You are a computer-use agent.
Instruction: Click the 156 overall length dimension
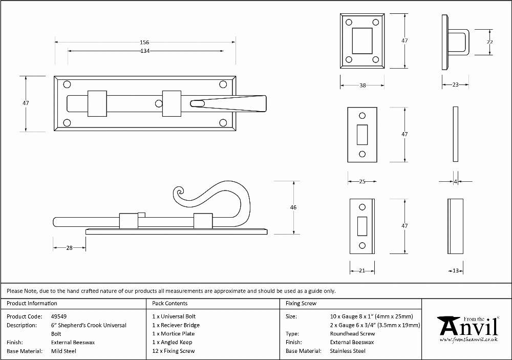(x=144, y=42)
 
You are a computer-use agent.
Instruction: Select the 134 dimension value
(x=145, y=51)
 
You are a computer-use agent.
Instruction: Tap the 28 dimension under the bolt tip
(x=69, y=248)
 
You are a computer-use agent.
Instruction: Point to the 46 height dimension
(x=293, y=207)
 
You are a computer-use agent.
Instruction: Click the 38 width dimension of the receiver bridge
(x=362, y=86)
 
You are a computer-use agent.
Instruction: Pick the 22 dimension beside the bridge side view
(x=489, y=42)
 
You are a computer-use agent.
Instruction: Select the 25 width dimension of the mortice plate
(x=362, y=182)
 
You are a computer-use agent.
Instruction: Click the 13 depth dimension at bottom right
(x=456, y=270)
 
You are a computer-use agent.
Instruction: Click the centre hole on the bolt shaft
(x=159, y=103)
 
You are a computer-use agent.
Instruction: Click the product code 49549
(x=59, y=316)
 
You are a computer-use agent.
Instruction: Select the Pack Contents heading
(x=170, y=303)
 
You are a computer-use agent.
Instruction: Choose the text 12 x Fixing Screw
(x=174, y=351)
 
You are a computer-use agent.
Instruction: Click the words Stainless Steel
(x=348, y=351)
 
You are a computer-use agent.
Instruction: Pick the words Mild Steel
(x=63, y=351)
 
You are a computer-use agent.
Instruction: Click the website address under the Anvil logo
(x=468, y=340)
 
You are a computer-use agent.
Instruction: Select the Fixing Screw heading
(x=301, y=303)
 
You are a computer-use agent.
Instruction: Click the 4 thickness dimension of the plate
(x=456, y=182)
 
